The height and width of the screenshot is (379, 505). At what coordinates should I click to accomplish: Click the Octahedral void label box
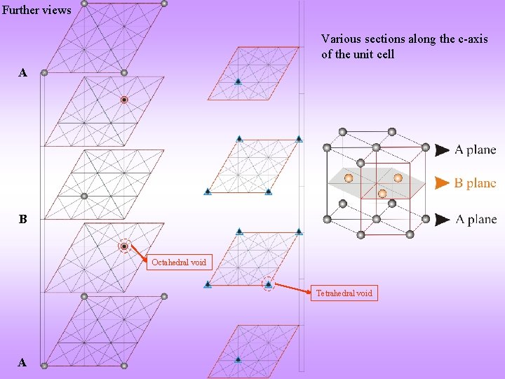179,262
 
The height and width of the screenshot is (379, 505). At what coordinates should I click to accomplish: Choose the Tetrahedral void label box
344,293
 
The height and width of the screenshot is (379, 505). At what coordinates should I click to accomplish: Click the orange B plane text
475,183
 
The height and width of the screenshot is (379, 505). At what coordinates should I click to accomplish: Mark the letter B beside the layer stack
23,220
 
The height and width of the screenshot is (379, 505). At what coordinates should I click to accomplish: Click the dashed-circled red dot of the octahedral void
124,246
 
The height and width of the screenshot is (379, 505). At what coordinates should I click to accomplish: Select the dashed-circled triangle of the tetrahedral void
268,284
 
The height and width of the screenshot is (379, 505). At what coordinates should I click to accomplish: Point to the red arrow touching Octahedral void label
139,253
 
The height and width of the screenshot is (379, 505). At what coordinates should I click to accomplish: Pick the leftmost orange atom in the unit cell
348,178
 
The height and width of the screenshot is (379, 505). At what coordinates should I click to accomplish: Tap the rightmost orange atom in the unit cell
398,178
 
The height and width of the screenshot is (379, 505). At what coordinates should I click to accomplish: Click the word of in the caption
327,54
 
